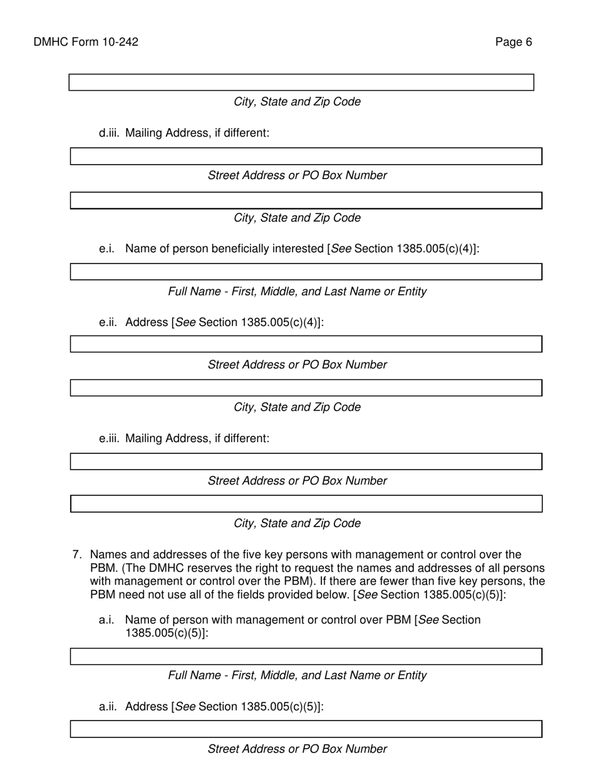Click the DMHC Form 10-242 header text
pyautogui.click(x=86, y=42)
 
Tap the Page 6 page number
pyautogui.click(x=514, y=42)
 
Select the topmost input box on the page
pyautogui.click(x=301, y=83)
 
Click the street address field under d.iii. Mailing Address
pyautogui.click(x=306, y=157)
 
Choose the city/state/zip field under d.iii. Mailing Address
pyautogui.click(x=306, y=200)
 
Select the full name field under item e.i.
pyautogui.click(x=306, y=272)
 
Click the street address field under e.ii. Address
pyautogui.click(x=306, y=344)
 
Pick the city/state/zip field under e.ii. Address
pyautogui.click(x=306, y=388)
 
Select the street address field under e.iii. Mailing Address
pyautogui.click(x=306, y=461)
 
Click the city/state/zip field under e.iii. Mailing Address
pyautogui.click(x=306, y=504)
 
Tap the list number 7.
pyautogui.click(x=78, y=555)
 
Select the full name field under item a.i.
pyautogui.click(x=306, y=656)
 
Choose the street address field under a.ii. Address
pyautogui.click(x=306, y=729)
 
